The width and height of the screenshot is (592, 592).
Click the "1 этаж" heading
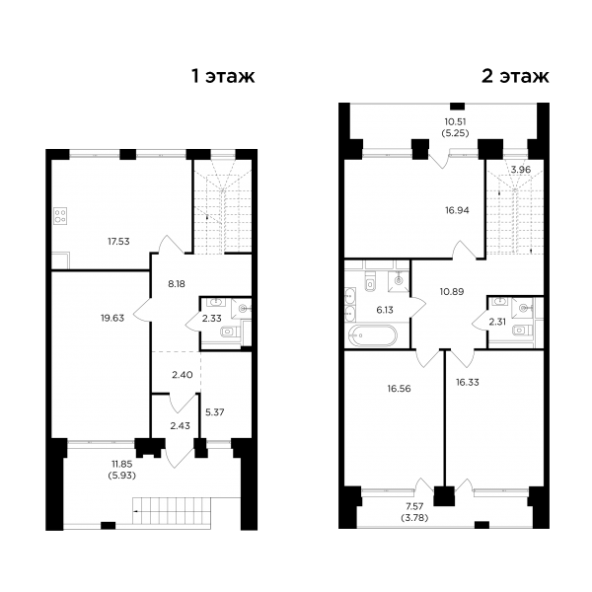[x=223, y=77]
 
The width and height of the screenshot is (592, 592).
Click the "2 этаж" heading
[x=515, y=77]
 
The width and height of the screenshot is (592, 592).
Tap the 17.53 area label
[x=118, y=242]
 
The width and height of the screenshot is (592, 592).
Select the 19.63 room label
[x=112, y=318]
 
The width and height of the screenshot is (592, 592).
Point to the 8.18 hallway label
[x=177, y=284]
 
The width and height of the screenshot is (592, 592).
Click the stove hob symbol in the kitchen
[x=61, y=216]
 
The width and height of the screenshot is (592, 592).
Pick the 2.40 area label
[x=182, y=375]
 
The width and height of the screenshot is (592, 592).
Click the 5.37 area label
[x=214, y=412]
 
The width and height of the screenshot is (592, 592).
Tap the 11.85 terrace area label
[x=122, y=464]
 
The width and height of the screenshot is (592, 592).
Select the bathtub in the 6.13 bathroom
[x=373, y=335]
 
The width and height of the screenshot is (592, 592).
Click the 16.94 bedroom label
[x=457, y=210]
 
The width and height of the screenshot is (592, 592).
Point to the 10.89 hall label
[x=452, y=291]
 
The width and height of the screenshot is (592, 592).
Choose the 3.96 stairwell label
[x=521, y=170]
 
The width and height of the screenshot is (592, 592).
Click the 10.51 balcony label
[x=455, y=121]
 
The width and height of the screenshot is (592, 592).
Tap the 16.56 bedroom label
[x=399, y=389]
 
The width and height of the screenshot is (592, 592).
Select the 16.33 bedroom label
[x=468, y=383]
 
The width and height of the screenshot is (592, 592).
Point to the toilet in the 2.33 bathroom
[x=228, y=332]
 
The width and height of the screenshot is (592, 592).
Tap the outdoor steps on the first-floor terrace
[x=172, y=511]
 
